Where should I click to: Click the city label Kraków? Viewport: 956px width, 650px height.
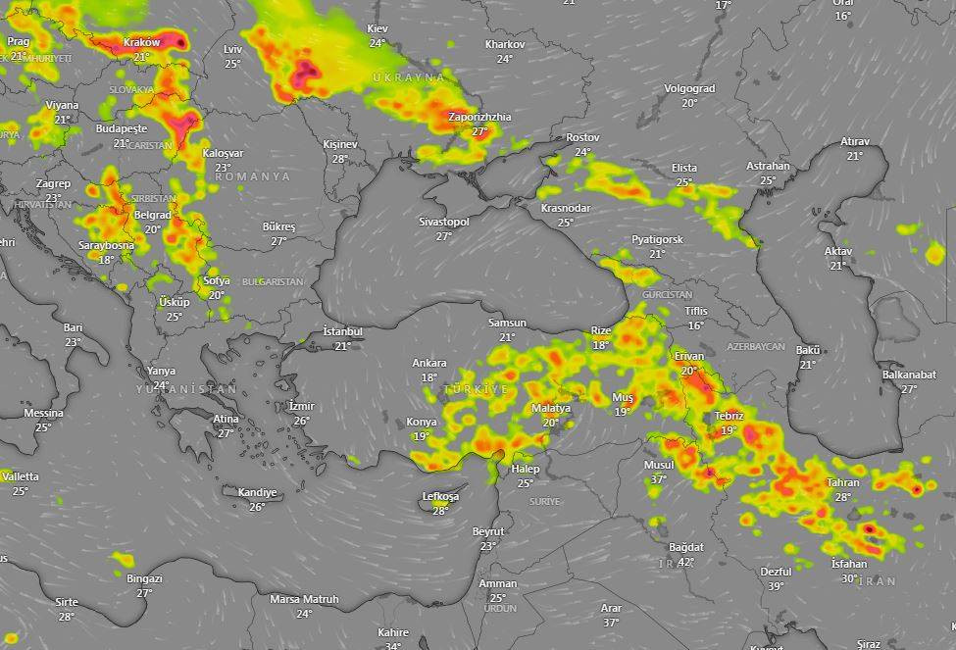pos(142,43)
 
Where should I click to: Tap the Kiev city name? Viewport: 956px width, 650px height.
pos(377,29)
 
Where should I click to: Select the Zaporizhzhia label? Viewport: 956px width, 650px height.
pos(479,118)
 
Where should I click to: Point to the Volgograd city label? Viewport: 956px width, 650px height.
pos(689,88)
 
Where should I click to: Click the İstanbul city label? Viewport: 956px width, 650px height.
pos(343,331)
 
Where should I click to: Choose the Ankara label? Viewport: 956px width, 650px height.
pos(429,363)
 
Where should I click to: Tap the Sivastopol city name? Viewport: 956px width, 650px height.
pos(444,223)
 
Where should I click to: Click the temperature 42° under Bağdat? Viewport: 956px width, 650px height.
pos(685,562)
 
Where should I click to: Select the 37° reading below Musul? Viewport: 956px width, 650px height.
pos(658,479)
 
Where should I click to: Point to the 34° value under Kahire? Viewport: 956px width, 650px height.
pos(393,646)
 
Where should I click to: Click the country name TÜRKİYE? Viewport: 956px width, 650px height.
pos(478,390)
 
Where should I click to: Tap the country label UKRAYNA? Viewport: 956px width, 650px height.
pos(409,76)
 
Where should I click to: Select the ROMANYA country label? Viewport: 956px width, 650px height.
pos(252,176)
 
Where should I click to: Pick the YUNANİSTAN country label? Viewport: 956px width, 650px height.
pos(186,390)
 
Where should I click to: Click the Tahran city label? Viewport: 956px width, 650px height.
pos(843,482)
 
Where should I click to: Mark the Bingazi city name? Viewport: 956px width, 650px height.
pos(144,578)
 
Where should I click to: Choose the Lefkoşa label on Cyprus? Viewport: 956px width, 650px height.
pos(440,496)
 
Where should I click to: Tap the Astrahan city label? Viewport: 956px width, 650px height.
pos(768,166)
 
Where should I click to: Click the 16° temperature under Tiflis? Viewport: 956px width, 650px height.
pos(695,325)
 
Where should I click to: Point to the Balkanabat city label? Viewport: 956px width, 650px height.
pos(909,375)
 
